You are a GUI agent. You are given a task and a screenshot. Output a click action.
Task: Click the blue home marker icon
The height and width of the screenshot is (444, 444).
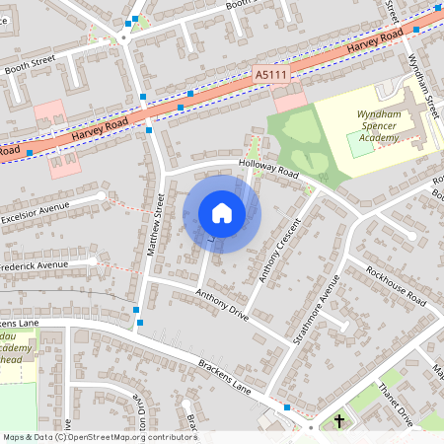(222, 213)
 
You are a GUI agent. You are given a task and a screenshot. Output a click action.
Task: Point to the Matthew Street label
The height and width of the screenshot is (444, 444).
(157, 226)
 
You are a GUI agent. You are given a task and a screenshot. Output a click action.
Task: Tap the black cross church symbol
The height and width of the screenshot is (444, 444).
(339, 421)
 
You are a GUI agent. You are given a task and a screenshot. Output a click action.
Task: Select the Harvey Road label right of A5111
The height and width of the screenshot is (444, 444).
(376, 43)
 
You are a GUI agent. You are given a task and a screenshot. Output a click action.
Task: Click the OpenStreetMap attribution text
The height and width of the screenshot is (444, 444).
(99, 436)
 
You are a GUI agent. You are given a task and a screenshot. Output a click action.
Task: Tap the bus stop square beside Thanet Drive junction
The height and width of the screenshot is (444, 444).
(286, 407)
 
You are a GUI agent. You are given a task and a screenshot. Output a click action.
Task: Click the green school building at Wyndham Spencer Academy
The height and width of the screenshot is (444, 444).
(360, 144)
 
